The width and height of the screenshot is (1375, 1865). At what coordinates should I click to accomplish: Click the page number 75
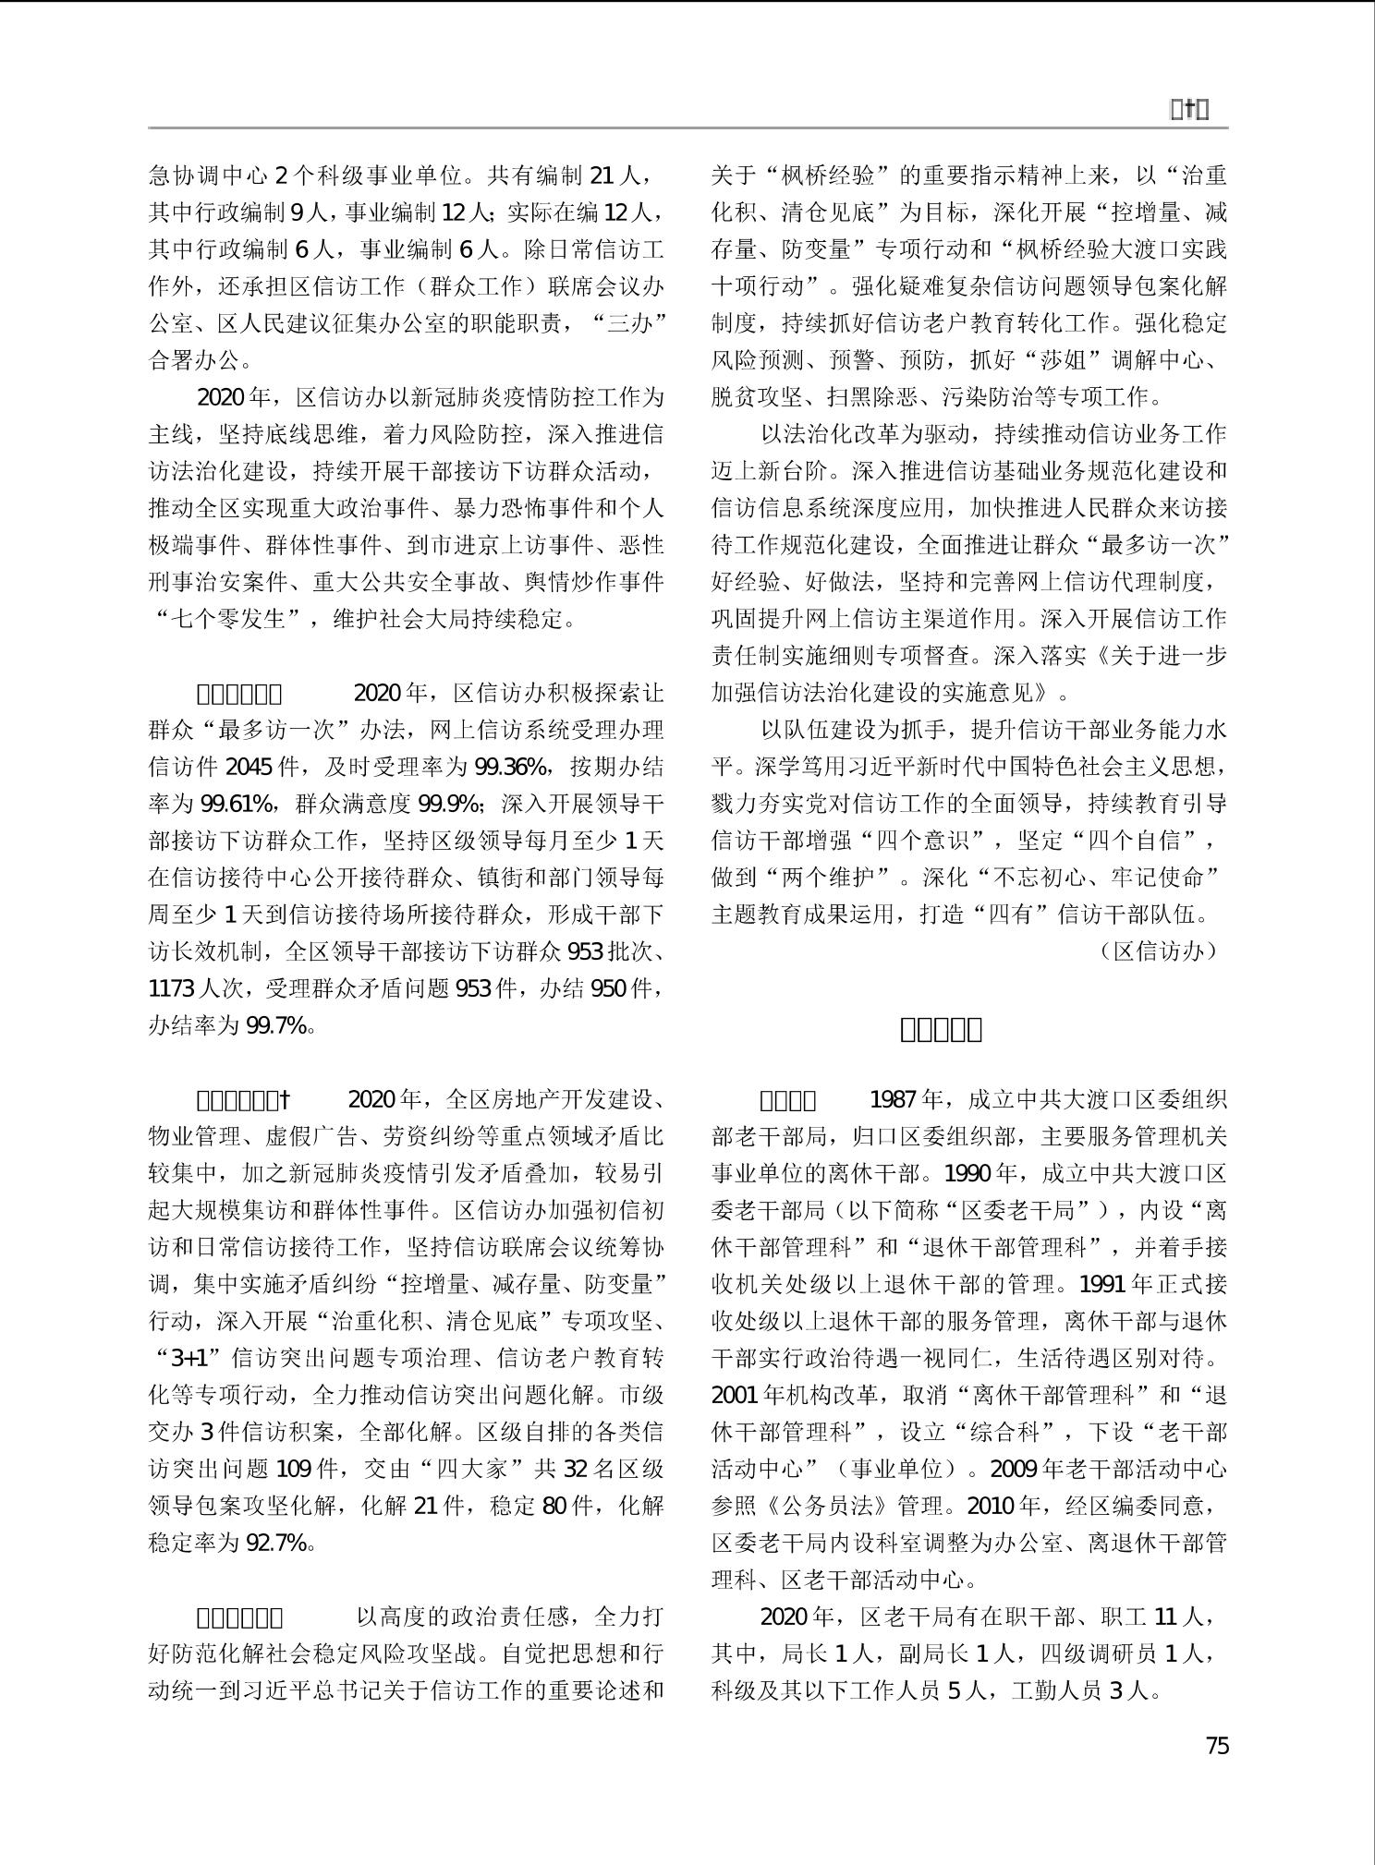tap(1217, 1745)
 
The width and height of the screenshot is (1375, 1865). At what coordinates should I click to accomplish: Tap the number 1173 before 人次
tap(172, 988)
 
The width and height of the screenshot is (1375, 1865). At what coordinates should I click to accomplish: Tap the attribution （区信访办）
tap(1158, 951)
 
